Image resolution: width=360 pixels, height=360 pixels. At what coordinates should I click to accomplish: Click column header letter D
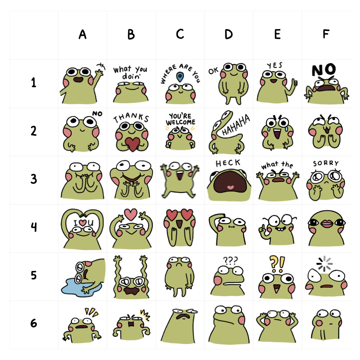point(229,35)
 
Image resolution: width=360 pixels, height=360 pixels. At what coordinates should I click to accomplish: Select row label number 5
point(33,275)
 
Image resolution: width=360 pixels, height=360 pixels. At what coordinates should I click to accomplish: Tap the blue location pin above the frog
point(180,76)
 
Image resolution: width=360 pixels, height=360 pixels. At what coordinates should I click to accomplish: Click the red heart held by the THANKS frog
point(131,144)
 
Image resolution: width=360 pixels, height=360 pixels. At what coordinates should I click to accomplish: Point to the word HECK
point(228,163)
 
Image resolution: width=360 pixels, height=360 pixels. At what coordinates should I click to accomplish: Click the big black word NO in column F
point(324,70)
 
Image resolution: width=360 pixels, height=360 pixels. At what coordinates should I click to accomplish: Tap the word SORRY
point(326,163)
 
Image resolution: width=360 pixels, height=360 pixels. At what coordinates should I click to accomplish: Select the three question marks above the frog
point(228,260)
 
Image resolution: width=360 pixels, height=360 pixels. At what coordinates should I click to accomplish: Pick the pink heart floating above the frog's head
point(131,214)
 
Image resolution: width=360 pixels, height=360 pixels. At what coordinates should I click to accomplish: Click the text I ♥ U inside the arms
point(83,223)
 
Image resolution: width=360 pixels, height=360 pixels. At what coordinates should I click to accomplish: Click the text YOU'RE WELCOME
point(180,120)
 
